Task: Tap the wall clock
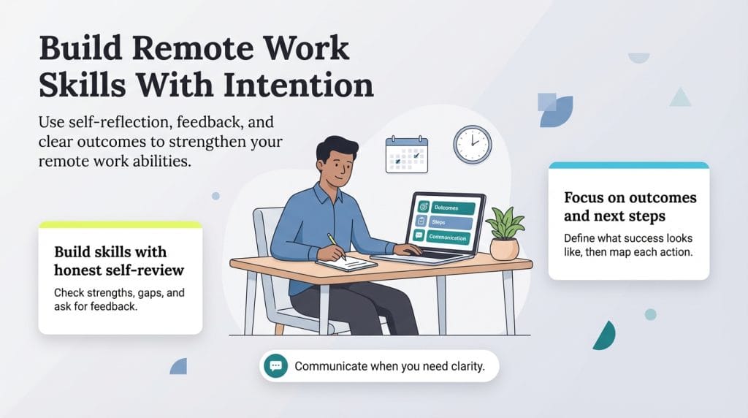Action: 472,144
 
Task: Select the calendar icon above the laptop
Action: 407,154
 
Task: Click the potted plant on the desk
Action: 505,232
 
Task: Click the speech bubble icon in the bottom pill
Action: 276,365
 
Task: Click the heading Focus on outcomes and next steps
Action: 630,207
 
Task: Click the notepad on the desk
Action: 347,263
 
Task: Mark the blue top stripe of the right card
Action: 628,165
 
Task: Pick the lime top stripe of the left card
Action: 120,225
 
